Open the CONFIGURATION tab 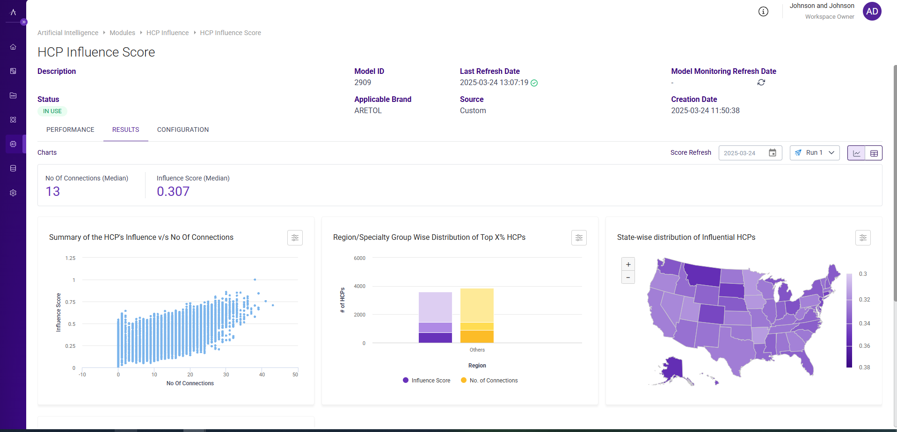pos(182,130)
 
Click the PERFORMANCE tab pos(70,130)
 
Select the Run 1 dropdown pos(815,153)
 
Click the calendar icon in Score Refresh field pos(773,153)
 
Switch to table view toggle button pos(874,153)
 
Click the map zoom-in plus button pos(628,264)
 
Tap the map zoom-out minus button pos(628,277)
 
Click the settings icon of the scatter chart pos(295,238)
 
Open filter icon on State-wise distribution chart pos(863,238)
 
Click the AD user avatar pos(872,11)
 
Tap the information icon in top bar pos(763,12)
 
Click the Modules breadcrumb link pos(122,33)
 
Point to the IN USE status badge pos(52,111)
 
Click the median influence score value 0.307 pos(173,192)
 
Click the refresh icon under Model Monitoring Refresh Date pos(761,82)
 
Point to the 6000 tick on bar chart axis pos(359,258)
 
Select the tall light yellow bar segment pos(477,305)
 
